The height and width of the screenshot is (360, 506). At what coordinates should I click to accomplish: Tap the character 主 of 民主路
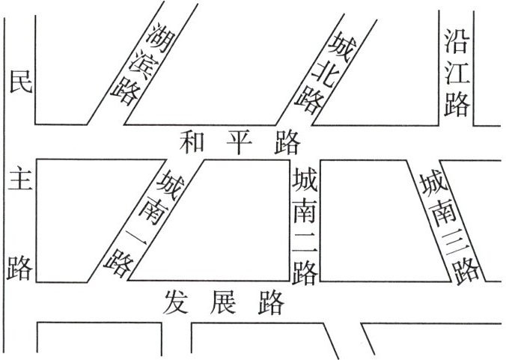point(19,180)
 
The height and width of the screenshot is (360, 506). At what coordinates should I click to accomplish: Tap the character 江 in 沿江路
point(456,71)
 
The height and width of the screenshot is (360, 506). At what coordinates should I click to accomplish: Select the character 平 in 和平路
point(240,141)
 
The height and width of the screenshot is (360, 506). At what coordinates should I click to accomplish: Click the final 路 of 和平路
point(287,141)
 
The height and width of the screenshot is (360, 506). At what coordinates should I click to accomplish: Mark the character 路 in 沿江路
point(456,103)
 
